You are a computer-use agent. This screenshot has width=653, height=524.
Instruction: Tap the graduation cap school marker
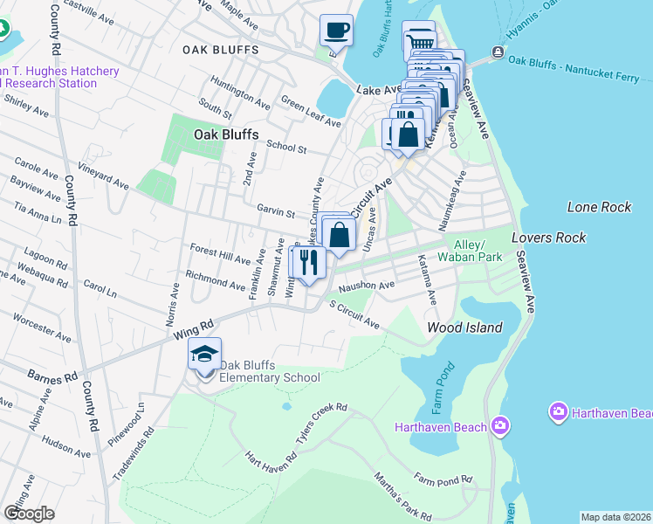pyautogui.click(x=204, y=355)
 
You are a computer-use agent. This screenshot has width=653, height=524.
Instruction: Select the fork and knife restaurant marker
pyautogui.click(x=308, y=262)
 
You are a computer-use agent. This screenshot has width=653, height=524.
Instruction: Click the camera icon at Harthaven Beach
pyautogui.click(x=499, y=426)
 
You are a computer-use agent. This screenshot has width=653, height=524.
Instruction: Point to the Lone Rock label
pyautogui.click(x=599, y=207)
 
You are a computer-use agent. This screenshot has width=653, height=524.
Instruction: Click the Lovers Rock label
pyautogui.click(x=548, y=238)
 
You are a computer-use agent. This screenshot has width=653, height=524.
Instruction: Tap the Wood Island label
pyautogui.click(x=464, y=327)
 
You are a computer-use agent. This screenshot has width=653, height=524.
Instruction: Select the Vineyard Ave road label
pyautogui.click(x=102, y=175)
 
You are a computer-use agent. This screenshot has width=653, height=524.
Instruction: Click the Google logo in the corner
pyautogui.click(x=29, y=514)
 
